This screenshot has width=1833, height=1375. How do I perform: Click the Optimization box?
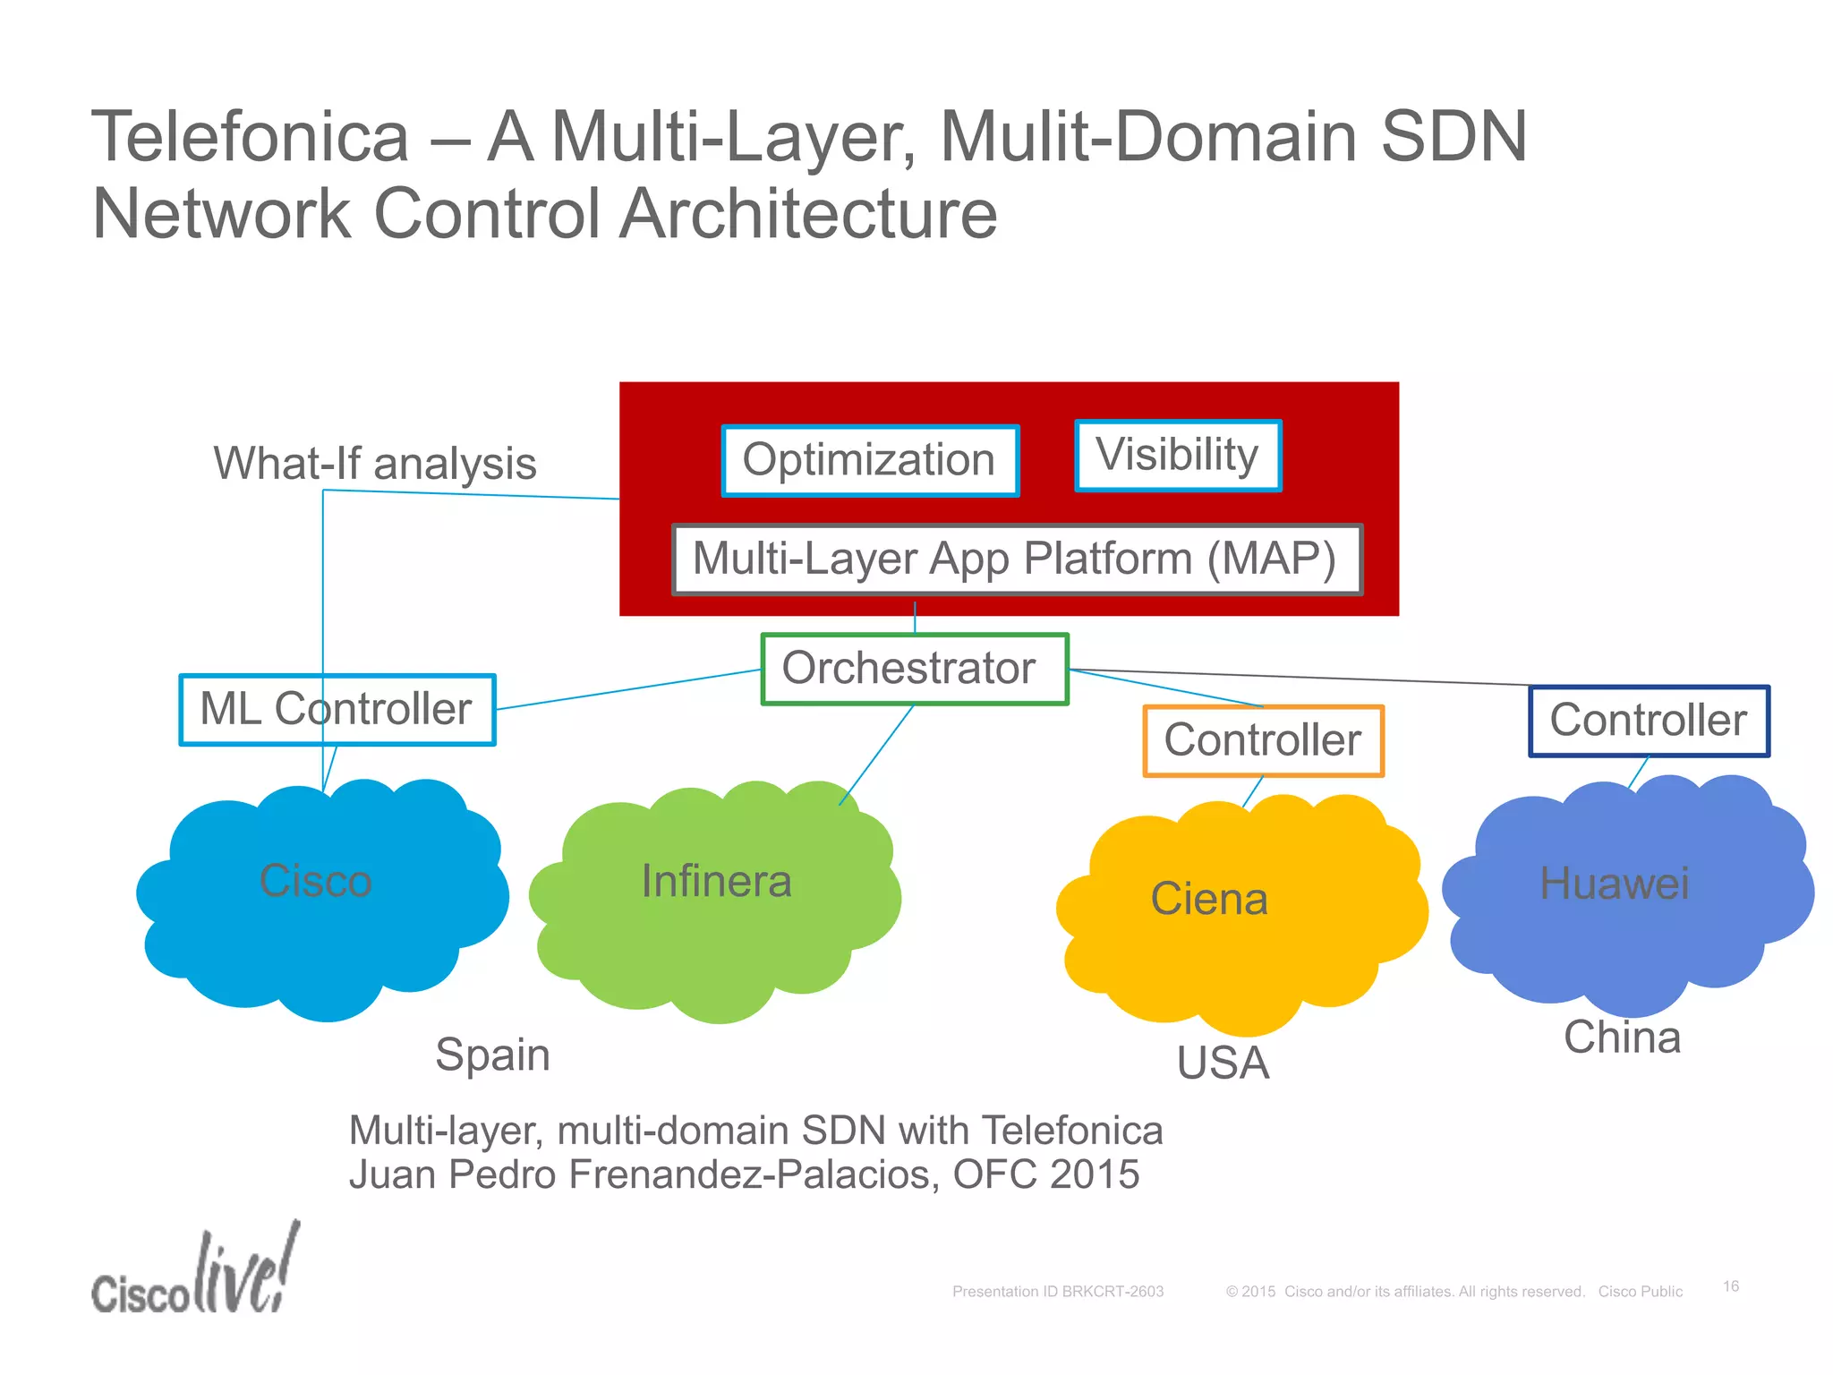pos(869,460)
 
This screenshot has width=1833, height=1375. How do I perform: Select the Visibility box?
pos(1177,455)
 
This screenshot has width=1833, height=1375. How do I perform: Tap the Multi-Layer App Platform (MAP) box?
pos(1016,559)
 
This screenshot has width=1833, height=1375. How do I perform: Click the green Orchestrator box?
pos(913,669)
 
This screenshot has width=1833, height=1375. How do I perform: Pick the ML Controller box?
pos(337,709)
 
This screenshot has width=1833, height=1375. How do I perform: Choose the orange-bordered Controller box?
pos(1263,740)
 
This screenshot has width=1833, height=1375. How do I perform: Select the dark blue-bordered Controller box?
pos(1649,721)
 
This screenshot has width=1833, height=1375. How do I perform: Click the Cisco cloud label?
pos(315,881)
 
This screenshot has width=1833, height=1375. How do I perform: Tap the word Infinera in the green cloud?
pos(716,882)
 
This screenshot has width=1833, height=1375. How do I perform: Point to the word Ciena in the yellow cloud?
pos(1209,899)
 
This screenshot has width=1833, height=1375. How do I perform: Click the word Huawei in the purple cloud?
pos(1614,884)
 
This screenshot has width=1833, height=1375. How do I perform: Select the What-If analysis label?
pos(374,464)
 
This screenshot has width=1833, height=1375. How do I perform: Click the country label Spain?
pos(492,1055)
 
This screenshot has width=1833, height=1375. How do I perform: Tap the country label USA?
pos(1223,1063)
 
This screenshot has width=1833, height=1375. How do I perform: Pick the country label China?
pos(1622,1038)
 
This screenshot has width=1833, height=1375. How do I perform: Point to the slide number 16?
pos(1731,1286)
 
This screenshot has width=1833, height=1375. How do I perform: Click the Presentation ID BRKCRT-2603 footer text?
pos(1057,1292)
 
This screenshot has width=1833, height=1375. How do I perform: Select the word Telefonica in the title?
pos(251,137)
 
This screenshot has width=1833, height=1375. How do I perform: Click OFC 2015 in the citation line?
pos(1045,1174)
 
